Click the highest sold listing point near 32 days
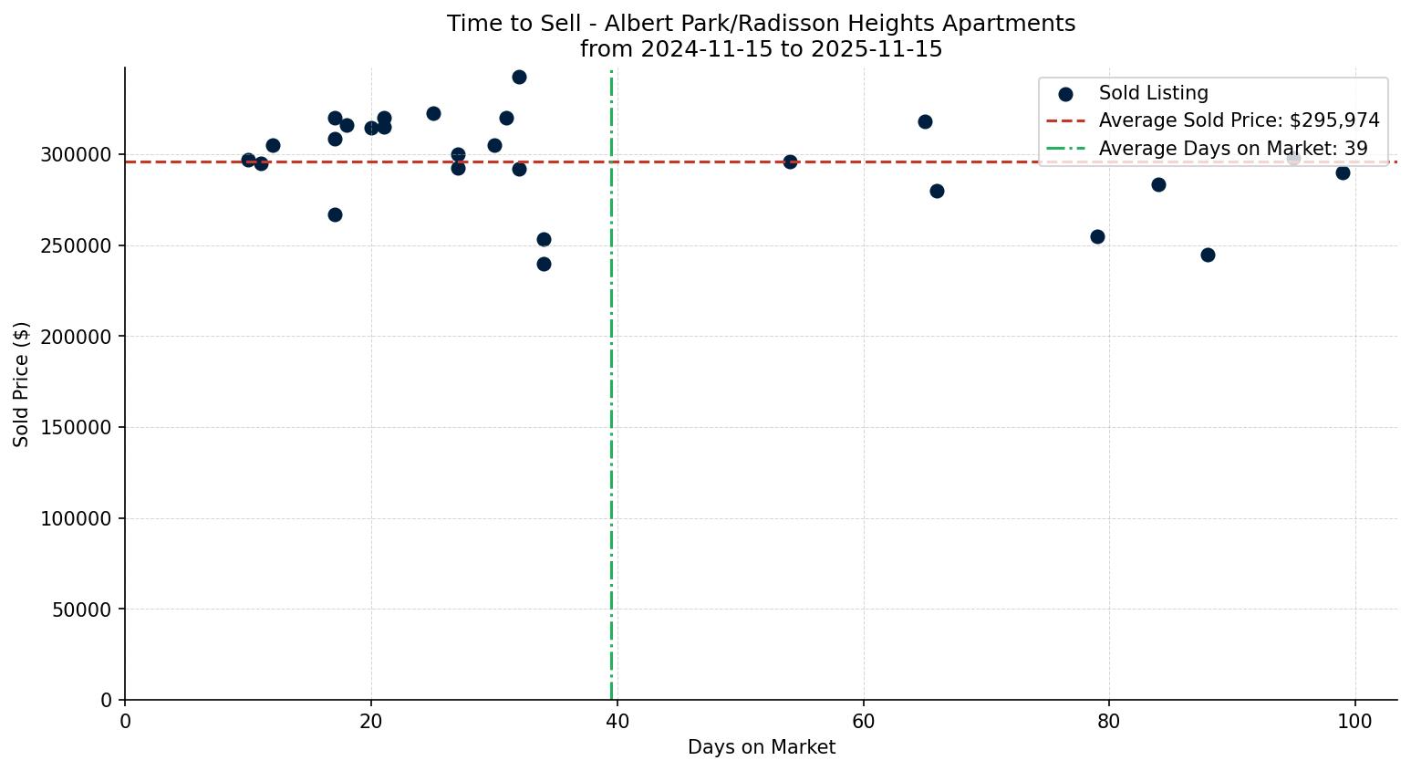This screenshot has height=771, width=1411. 519,77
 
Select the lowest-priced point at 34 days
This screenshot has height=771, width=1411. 544,264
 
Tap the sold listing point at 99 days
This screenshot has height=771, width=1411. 1343,172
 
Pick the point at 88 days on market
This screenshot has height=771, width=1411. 1208,255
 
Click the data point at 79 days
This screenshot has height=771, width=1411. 1097,236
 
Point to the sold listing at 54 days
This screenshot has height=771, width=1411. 790,161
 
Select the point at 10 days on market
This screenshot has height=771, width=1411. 248,160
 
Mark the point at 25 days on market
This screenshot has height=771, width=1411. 433,113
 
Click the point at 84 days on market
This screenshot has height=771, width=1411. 1158,184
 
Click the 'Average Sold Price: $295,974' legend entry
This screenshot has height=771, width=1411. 1239,120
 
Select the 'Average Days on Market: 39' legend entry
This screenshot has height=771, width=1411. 1232,148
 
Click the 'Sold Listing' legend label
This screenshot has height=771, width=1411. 1153,93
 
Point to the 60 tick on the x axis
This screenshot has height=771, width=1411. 863,722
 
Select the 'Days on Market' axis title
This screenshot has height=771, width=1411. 761,747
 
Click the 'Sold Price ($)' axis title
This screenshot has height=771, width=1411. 21,384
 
